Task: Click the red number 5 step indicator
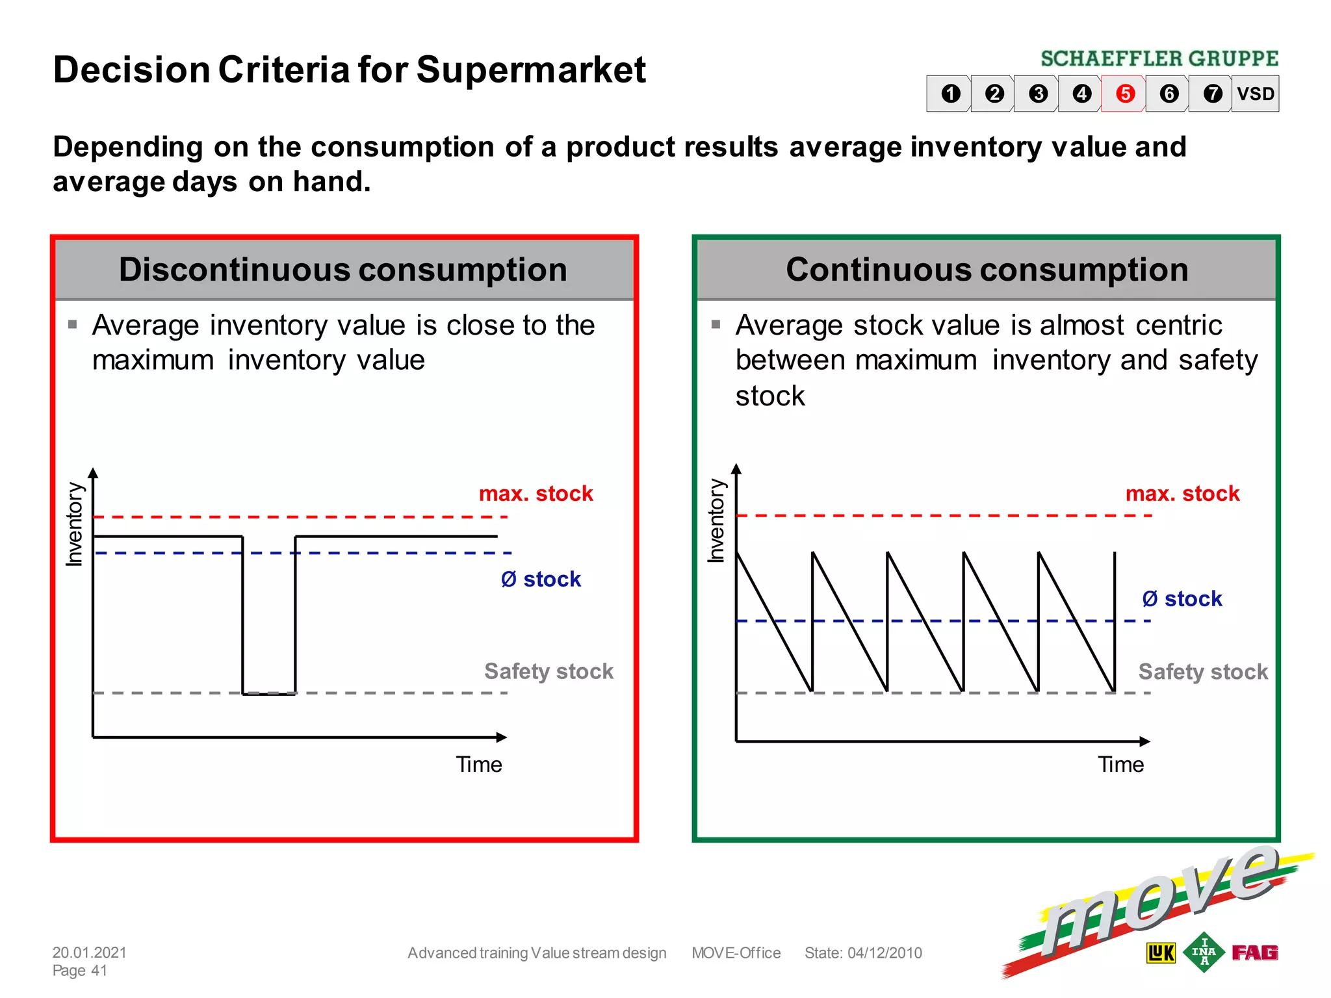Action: coord(1125,94)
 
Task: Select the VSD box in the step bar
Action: coord(1255,94)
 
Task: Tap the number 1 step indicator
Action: coord(951,94)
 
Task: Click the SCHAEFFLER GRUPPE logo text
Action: coord(1159,59)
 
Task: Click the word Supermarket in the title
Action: coord(531,70)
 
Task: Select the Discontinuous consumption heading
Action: coord(343,270)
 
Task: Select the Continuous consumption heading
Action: coord(987,270)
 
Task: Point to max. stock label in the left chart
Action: coord(536,494)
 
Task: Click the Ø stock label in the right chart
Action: coord(1182,598)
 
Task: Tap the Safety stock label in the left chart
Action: coord(549,671)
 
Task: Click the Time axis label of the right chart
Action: coord(1120,765)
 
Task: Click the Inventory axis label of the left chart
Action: coord(75,524)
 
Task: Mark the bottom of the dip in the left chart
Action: coord(269,693)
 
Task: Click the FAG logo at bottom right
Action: coord(1254,953)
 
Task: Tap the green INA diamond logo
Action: coord(1204,952)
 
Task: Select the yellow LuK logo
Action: coord(1161,953)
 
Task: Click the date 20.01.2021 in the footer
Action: coord(90,953)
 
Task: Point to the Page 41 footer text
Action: coord(79,971)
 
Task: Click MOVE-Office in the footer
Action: coord(736,953)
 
